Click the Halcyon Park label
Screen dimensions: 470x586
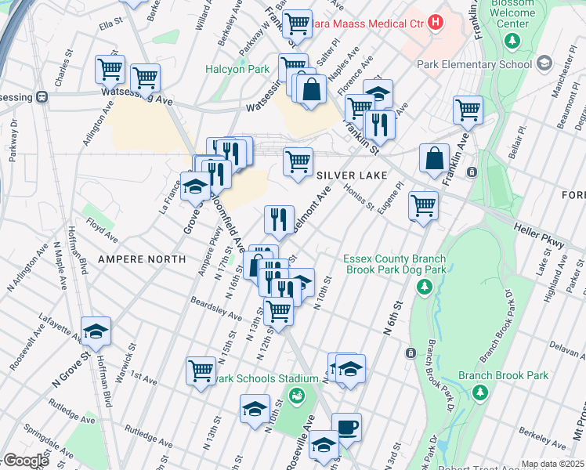coord(237,70)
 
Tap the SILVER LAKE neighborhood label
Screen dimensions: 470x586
coord(352,175)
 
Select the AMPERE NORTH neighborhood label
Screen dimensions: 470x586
coord(142,258)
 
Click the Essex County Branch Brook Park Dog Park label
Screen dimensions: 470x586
coord(395,265)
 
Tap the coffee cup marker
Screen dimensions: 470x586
coord(346,428)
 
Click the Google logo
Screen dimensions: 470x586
coord(25,461)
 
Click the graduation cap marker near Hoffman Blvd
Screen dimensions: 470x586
coord(96,331)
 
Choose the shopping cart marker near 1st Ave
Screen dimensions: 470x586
coord(201,370)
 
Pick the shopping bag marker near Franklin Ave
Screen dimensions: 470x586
coord(434,159)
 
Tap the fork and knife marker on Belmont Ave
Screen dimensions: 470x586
coord(279,220)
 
